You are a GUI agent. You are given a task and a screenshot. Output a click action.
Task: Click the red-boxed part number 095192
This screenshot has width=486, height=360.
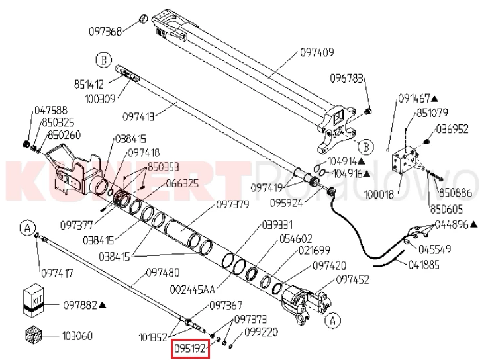(191, 347)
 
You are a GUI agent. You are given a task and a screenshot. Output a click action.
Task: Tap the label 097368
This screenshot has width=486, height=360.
(105, 31)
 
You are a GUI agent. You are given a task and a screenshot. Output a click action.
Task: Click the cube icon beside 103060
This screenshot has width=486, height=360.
(34, 336)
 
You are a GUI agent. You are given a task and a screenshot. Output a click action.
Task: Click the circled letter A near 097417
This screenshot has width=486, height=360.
(28, 228)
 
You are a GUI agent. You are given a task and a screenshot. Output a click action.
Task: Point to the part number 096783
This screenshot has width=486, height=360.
(347, 79)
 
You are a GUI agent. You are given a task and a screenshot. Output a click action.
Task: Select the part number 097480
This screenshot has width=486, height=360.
(162, 272)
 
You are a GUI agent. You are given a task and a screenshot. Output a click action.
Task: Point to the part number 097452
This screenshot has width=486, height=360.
(352, 279)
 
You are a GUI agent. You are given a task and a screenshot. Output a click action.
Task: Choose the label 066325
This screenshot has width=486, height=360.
(182, 183)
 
